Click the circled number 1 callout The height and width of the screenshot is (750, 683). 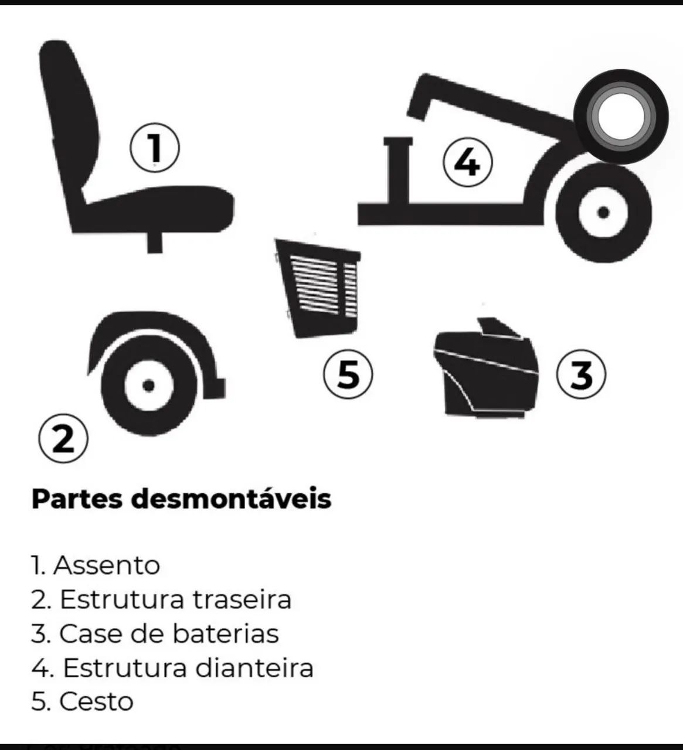[155, 148]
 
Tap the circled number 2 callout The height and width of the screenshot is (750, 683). [64, 438]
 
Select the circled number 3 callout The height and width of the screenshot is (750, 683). [581, 374]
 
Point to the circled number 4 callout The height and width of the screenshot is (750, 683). [467, 164]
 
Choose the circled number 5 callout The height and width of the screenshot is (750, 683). [348, 374]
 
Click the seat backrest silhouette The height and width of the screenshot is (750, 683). [69, 120]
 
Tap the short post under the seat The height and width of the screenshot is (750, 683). [155, 242]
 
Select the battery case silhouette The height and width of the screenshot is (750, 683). [486, 369]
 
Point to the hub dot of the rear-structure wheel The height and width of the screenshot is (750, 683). [148, 385]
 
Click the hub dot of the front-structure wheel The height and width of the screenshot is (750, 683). [603, 213]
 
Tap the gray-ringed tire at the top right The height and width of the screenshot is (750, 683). [621, 116]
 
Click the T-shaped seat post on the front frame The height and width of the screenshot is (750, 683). [398, 170]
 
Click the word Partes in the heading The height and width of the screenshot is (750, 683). [77, 499]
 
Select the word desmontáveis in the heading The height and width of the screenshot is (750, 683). [232, 499]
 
